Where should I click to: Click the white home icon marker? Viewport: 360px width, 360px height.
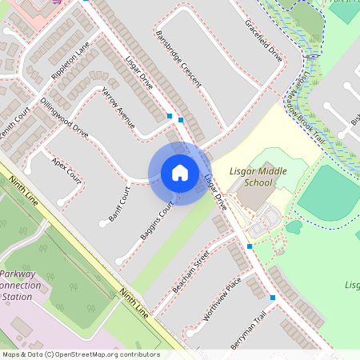(180, 173)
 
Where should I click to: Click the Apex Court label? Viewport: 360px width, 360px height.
(66, 168)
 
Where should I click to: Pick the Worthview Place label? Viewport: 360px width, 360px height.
(222, 299)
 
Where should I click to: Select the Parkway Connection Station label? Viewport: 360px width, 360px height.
(19, 285)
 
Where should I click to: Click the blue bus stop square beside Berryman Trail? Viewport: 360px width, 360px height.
(273, 298)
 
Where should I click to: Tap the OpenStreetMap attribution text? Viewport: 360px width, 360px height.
(81, 354)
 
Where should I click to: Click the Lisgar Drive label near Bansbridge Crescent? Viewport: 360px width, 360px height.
(139, 71)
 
